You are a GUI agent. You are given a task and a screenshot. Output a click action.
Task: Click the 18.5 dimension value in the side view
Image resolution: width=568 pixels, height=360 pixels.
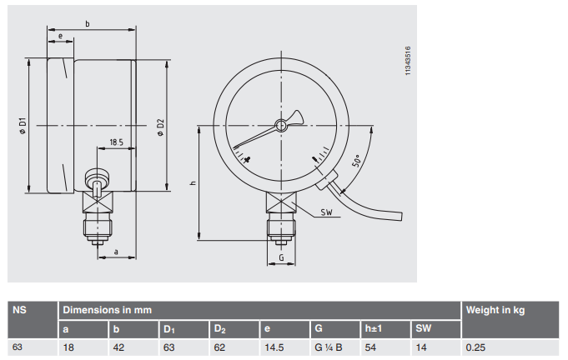pos(116,142)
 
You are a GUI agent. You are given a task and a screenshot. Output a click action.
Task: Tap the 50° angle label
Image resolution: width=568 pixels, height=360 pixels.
pos(357,160)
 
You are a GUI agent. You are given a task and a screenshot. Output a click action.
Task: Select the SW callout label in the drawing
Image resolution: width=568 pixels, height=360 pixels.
pos(326,212)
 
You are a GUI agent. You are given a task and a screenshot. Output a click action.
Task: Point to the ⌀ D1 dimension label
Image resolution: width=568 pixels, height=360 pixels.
pos(23,126)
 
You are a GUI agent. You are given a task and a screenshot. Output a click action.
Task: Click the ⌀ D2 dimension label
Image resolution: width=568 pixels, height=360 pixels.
pos(160,127)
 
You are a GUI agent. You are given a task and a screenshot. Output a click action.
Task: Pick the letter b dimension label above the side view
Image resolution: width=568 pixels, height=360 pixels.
pos(88,24)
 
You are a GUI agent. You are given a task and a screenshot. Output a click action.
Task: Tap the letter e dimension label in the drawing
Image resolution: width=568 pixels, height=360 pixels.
pos(61,36)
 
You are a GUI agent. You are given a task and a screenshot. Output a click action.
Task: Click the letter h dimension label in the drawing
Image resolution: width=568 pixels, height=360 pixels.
pos(193,183)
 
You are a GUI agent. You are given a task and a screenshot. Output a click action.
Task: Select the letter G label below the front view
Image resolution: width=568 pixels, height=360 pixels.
pos(281,257)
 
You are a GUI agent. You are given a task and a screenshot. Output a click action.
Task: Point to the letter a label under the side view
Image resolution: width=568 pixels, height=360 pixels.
pos(116,252)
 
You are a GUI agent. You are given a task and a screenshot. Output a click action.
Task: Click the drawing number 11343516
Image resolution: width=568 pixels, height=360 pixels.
pos(408,61)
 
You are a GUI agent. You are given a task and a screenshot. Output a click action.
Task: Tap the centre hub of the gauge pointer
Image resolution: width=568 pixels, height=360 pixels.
pos(281,126)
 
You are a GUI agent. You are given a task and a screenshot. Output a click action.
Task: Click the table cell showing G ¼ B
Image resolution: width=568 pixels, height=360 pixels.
pos(329,347)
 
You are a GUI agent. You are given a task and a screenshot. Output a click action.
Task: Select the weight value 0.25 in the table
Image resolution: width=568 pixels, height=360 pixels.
pos(475,347)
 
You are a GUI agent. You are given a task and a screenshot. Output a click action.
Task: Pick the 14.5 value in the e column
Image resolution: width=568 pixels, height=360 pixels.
pos(274,347)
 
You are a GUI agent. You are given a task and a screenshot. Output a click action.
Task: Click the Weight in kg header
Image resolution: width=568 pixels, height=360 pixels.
pos(495,310)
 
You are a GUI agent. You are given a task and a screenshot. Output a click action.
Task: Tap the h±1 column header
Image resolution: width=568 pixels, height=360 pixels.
pos(373,328)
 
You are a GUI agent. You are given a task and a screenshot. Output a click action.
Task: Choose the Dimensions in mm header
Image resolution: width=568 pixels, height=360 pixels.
pos(108,310)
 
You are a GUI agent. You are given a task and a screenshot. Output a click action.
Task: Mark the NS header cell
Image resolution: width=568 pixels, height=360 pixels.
pos(19,310)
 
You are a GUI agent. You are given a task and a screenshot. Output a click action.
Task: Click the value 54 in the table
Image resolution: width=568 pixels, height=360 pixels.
pos(370,347)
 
